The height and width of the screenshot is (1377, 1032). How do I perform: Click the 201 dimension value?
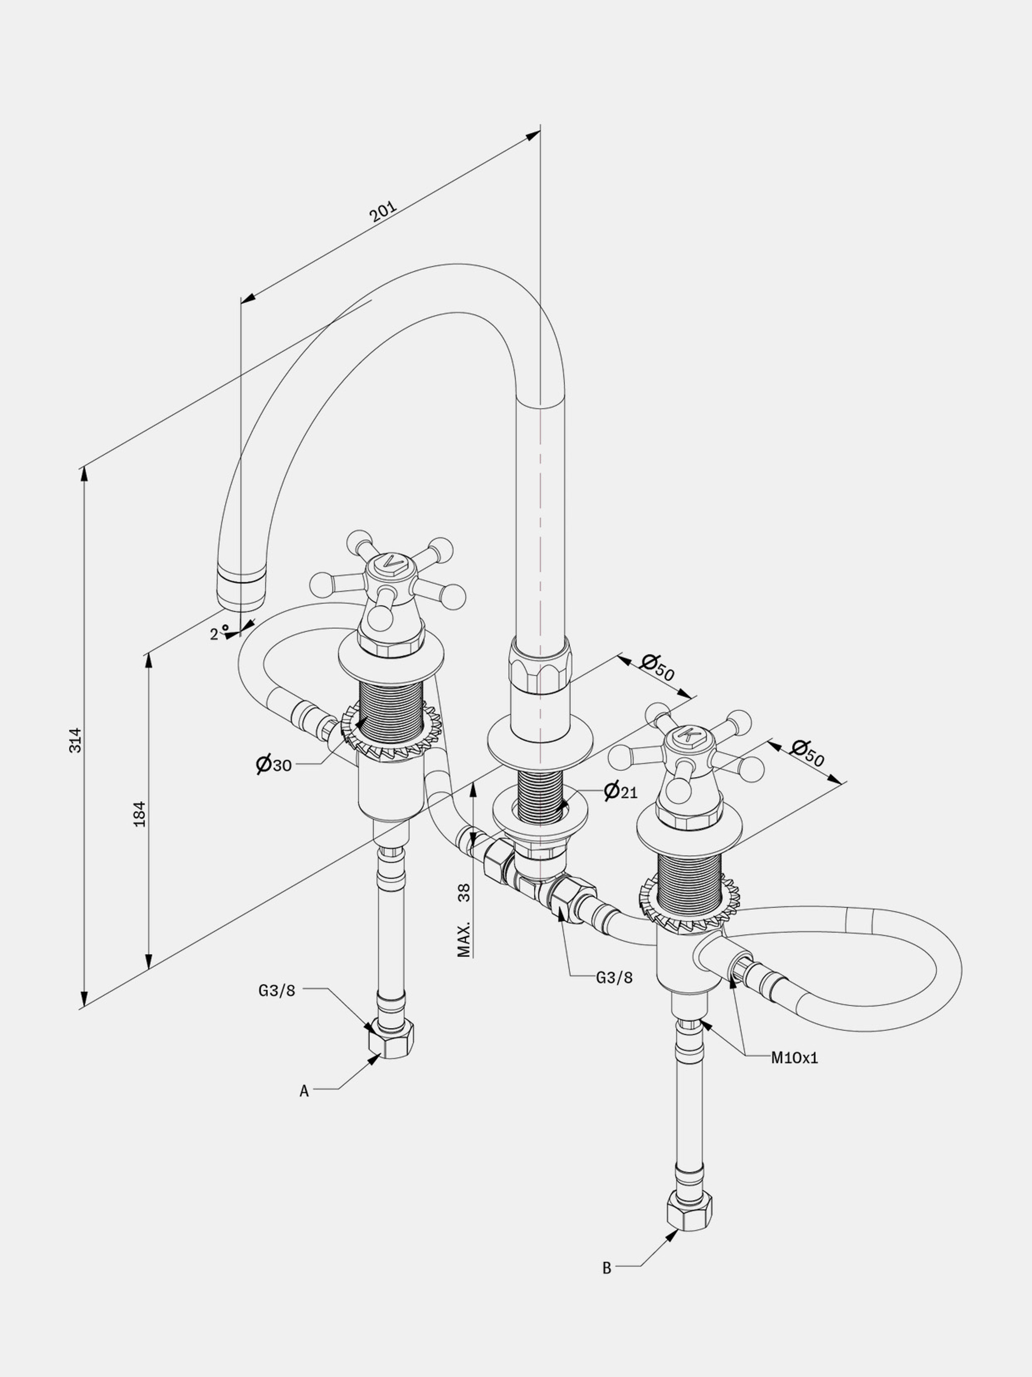click(x=383, y=212)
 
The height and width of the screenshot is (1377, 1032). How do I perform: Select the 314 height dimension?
click(x=75, y=740)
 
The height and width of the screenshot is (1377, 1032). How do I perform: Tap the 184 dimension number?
click(x=140, y=813)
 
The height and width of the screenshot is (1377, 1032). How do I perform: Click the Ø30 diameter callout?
click(x=273, y=764)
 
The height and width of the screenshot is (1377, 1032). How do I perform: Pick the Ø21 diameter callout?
click(x=621, y=791)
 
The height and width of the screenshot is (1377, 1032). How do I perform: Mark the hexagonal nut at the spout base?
click(x=540, y=664)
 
